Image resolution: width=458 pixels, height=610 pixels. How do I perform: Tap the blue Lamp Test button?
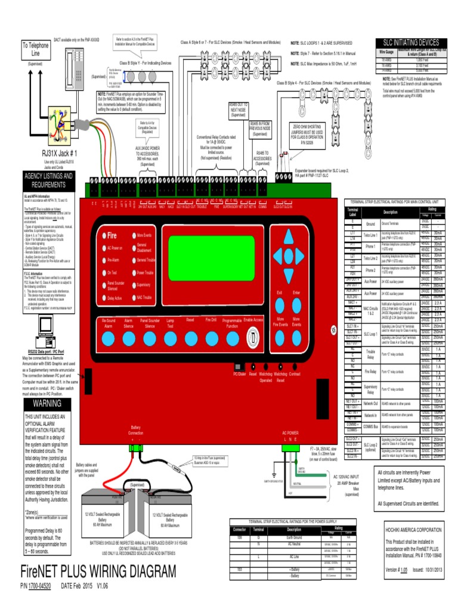pyautogui.click(x=170, y=339)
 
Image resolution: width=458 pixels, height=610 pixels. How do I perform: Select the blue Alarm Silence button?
pyautogui.click(x=128, y=339)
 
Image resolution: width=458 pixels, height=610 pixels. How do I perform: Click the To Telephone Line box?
pyautogui.click(x=36, y=49)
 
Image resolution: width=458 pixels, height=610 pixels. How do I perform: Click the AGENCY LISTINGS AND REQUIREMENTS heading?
pyautogui.click(x=48, y=180)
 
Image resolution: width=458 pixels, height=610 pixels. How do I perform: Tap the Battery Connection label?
pyautogui.click(x=136, y=431)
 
